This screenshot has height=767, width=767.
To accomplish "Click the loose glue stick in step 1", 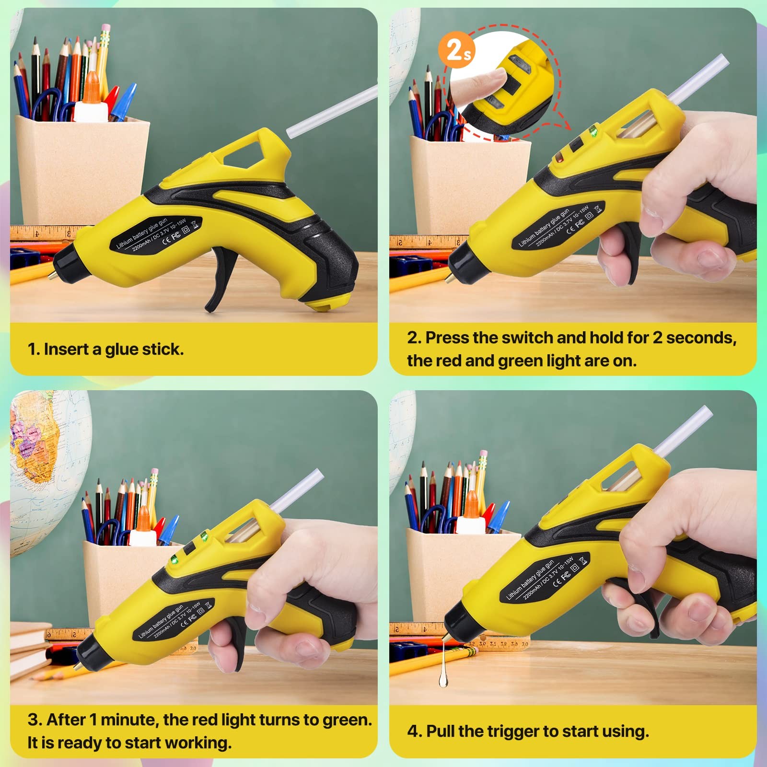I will click(x=332, y=112).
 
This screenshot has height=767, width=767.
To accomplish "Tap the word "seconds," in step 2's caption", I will click(x=701, y=338).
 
